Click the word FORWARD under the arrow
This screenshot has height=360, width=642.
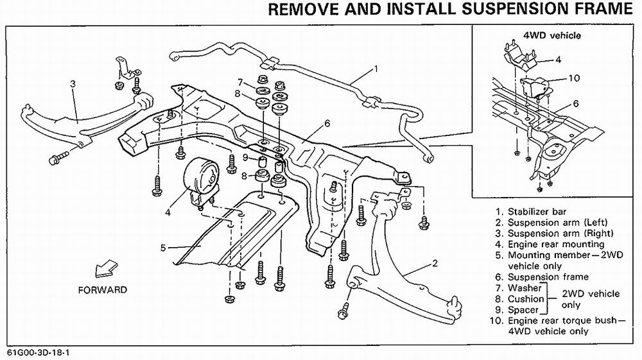pyautogui.click(x=102, y=289)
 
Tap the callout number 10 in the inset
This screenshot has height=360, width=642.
pyautogui.click(x=574, y=78)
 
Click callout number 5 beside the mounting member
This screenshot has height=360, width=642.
pyautogui.click(x=164, y=247)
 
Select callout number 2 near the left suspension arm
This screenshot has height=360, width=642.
pyautogui.click(x=435, y=262)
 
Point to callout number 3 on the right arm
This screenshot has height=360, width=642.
pyautogui.click(x=73, y=83)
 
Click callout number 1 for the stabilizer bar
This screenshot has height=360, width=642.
pyautogui.click(x=376, y=67)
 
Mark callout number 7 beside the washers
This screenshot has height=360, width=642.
pyautogui.click(x=240, y=81)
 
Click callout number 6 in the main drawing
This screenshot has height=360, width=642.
pyautogui.click(x=327, y=123)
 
